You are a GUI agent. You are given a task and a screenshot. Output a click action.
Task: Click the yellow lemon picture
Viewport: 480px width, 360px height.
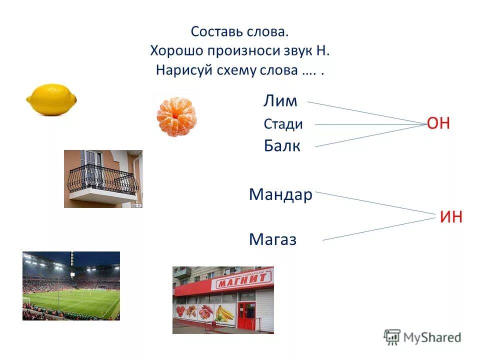coord(51,100)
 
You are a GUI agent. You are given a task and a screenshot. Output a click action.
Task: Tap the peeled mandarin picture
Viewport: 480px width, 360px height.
coord(176,117)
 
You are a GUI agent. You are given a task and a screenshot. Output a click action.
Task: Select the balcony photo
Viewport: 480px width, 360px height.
coord(103,178)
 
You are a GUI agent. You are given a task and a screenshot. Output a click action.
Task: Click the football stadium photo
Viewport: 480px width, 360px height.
coord(71,285)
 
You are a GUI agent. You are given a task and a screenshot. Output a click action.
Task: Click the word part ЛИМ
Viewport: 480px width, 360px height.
coord(280,101)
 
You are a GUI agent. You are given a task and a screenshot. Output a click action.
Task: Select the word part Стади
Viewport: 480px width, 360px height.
coord(283,124)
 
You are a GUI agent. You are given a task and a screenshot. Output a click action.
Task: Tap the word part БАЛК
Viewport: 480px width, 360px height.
coord(282,146)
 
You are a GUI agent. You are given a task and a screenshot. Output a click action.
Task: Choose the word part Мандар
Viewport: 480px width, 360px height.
coord(280,194)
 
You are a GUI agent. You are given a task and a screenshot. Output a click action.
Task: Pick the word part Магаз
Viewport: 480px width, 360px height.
coord(272,240)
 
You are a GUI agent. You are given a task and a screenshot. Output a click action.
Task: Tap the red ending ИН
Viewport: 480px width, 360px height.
coord(451,217)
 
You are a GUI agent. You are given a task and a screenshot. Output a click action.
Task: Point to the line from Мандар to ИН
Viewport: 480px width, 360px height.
coord(375,202)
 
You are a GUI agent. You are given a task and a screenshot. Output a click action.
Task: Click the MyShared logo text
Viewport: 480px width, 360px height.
coord(431,337)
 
